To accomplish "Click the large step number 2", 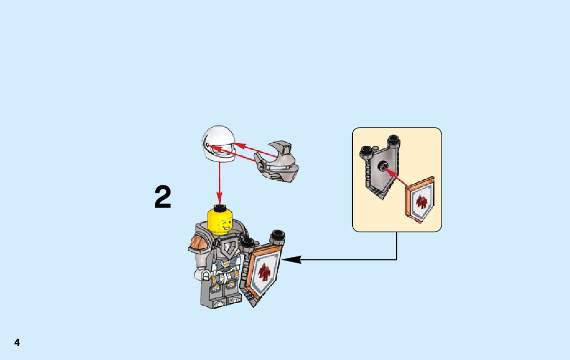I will tap(163, 197).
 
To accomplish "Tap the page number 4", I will tap(17, 343).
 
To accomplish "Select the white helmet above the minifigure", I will tap(219, 144).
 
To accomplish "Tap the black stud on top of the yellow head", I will tap(220, 207).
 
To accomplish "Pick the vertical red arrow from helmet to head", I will tap(219, 178).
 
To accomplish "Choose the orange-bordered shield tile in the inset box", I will tap(420, 201).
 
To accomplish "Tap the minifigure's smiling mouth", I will tap(223, 229).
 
